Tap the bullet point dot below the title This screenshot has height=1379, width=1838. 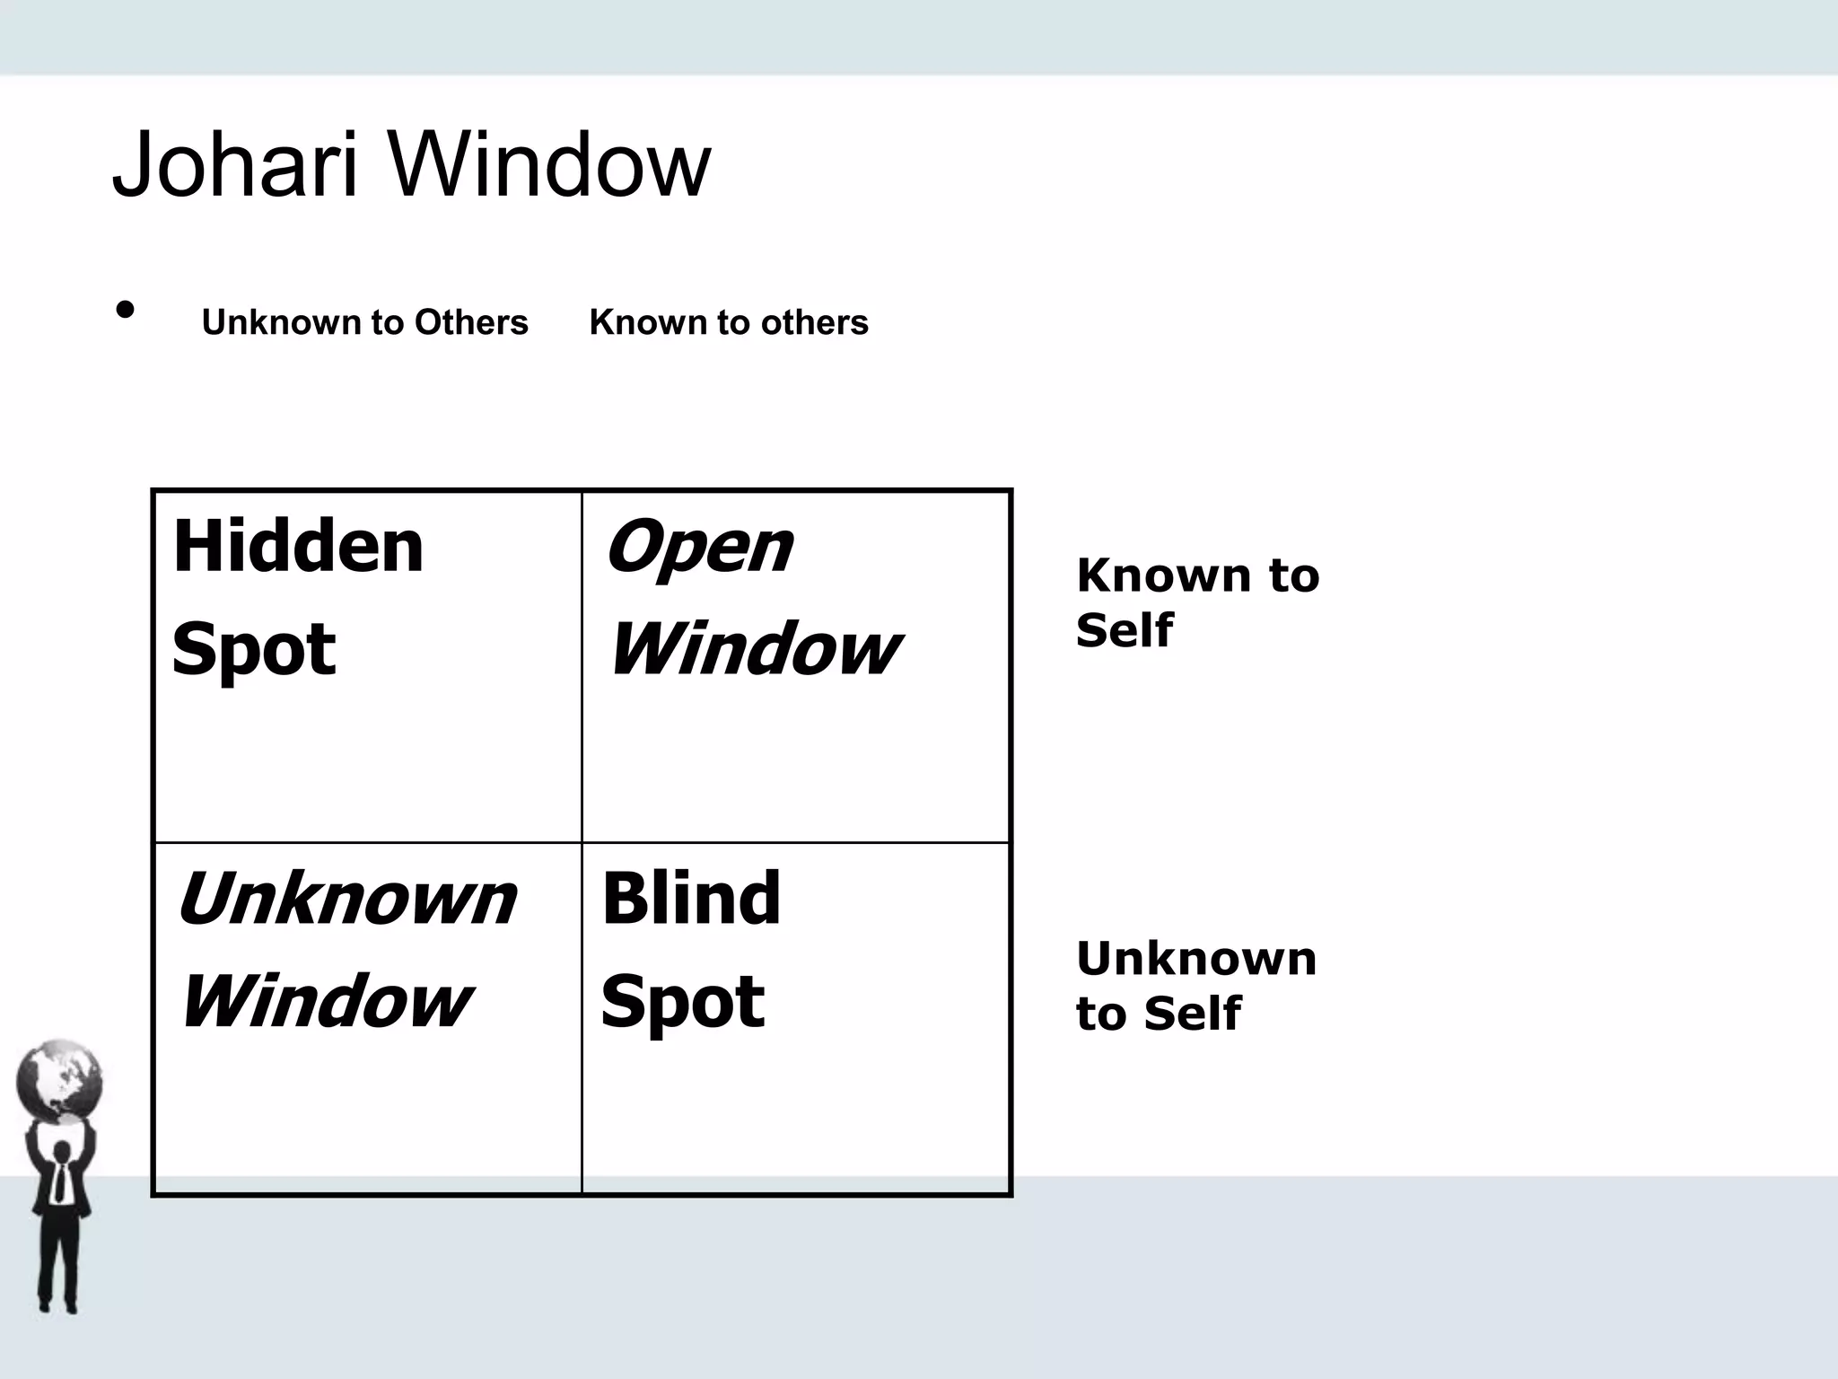click(126, 310)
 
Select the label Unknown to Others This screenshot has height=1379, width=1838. click(364, 322)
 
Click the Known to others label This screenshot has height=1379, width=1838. click(729, 322)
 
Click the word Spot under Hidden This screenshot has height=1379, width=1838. click(254, 649)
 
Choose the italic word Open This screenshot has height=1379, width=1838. click(699, 548)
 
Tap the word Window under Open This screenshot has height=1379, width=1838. click(755, 649)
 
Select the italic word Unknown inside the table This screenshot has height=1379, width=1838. click(347, 899)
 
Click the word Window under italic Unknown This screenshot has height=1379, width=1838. click(326, 1001)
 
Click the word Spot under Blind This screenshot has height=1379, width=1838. click(683, 1002)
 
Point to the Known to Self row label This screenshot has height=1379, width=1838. click(1197, 602)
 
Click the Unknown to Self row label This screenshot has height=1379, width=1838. click(1195, 986)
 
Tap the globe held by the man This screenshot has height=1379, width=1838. click(59, 1081)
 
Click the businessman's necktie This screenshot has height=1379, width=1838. click(59, 1182)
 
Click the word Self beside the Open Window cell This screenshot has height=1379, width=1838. click(1125, 630)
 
